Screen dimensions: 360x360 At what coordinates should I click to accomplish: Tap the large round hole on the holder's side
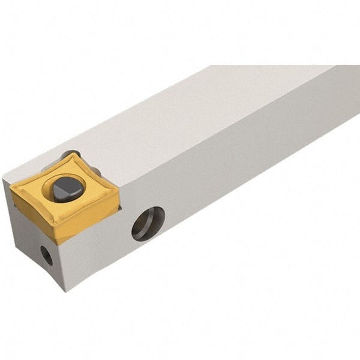pos(148,223)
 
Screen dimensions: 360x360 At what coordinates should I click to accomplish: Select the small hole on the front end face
pos(46,255)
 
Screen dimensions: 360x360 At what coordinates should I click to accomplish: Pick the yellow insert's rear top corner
pos(77,154)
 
